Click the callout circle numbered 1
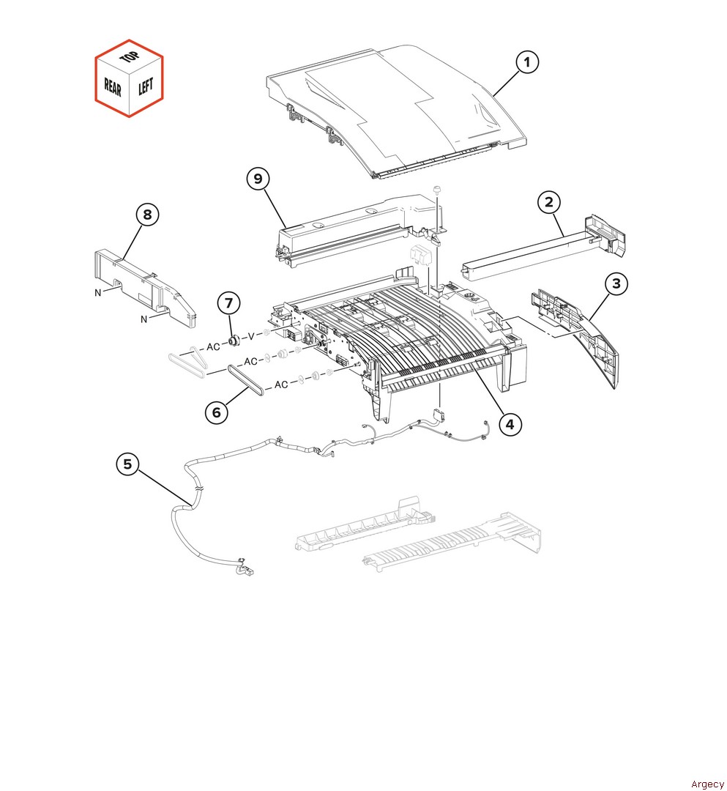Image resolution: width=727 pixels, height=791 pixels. [x=527, y=62]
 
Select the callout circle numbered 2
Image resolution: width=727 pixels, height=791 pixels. [x=549, y=202]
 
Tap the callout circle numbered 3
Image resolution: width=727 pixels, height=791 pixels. [x=616, y=283]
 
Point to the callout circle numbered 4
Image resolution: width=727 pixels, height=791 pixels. [x=510, y=424]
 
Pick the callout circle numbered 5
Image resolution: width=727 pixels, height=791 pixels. [x=127, y=464]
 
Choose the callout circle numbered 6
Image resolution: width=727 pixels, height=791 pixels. [x=217, y=412]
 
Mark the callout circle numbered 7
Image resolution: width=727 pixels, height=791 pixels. [x=229, y=303]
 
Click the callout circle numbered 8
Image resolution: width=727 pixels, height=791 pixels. [x=147, y=215]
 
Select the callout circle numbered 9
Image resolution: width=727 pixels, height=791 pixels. [x=258, y=179]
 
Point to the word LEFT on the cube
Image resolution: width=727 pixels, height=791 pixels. [x=146, y=86]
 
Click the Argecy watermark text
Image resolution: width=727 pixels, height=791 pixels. [x=707, y=784]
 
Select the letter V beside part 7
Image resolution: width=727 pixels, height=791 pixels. [x=251, y=335]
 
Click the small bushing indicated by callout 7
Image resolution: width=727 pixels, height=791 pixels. [x=234, y=341]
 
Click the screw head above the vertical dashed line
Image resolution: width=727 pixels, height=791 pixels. [x=436, y=189]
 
